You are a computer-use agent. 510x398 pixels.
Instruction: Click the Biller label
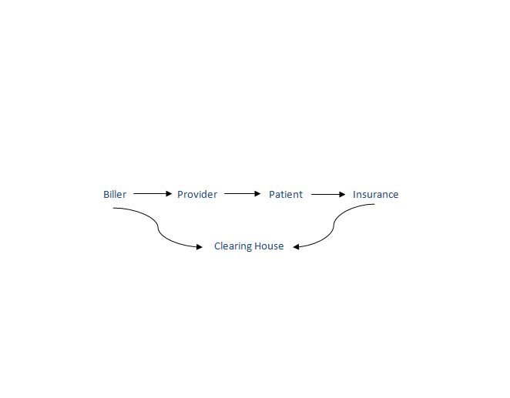point(115,194)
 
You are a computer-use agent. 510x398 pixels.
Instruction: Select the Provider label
point(197,194)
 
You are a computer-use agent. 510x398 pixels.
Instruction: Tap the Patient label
point(286,194)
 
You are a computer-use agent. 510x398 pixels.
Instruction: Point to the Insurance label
point(376,194)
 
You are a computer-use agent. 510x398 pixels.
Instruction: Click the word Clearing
point(233,246)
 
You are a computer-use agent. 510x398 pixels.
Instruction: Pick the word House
point(269,246)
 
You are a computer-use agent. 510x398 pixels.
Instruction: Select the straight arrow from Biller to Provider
point(153,194)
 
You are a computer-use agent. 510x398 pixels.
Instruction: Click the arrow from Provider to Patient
point(243,194)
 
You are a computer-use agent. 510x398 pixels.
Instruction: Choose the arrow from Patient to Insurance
point(328,194)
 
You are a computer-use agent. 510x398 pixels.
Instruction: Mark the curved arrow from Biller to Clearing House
point(158,228)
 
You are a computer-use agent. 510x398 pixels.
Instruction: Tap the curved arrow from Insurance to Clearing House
point(334,226)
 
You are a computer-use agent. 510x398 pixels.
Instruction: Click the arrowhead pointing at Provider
point(169,194)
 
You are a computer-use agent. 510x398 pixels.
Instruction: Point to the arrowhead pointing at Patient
point(257,194)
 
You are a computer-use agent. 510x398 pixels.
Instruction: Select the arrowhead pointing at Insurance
point(343,194)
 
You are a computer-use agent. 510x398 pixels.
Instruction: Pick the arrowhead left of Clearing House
point(200,247)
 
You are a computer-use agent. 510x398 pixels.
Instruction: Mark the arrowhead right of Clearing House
point(296,247)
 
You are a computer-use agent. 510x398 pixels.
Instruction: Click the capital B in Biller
point(106,194)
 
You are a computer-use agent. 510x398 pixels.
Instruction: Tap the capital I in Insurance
point(354,194)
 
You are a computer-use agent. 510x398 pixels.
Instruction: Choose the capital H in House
point(257,246)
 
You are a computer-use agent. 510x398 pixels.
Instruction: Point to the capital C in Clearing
point(217,246)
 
